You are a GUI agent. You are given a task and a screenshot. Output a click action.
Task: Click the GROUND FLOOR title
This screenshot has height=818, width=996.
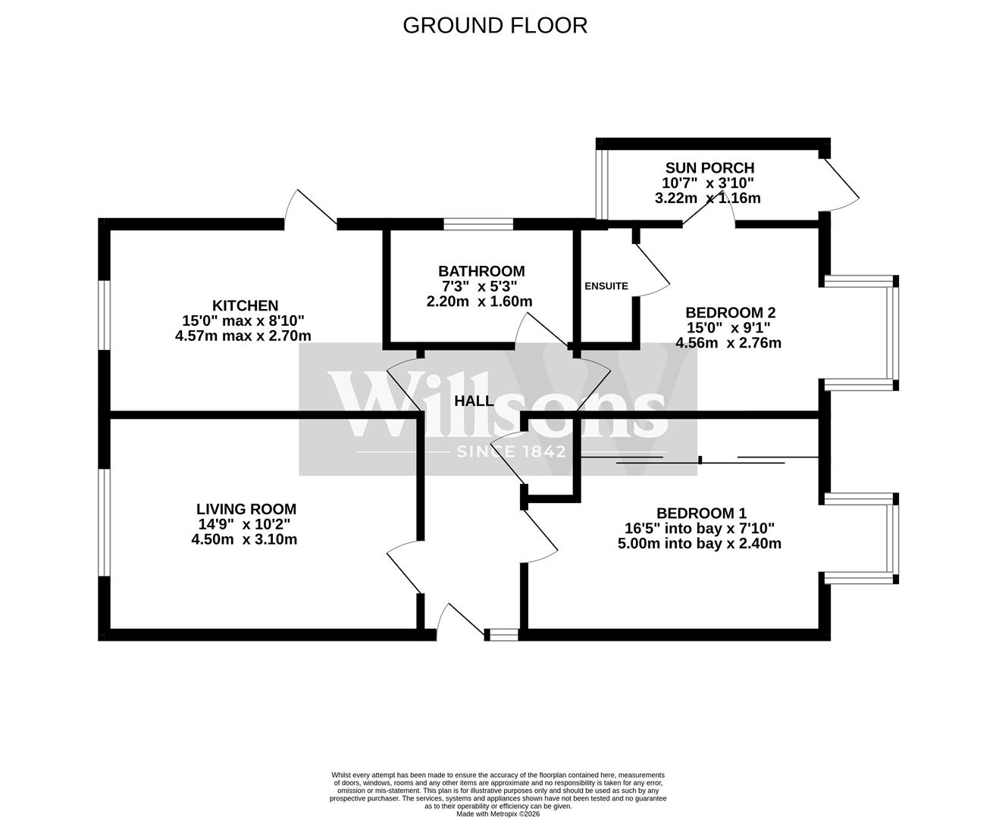pyautogui.click(x=495, y=25)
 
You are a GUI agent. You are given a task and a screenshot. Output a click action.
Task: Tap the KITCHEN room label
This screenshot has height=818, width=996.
pyautogui.click(x=245, y=306)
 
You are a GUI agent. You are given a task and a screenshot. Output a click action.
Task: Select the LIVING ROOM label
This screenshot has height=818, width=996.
pyautogui.click(x=246, y=510)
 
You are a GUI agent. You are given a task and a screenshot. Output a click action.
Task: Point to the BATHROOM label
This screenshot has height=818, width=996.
pyautogui.click(x=481, y=271)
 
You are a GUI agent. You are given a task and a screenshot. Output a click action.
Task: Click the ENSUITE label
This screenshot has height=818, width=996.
pyautogui.click(x=606, y=286)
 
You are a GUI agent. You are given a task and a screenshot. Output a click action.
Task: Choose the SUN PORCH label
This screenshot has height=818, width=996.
pyautogui.click(x=709, y=168)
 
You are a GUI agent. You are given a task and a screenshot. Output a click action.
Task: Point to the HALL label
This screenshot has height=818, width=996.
pyautogui.click(x=474, y=401)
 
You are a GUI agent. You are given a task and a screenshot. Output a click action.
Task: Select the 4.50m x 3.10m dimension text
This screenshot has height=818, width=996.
pyautogui.click(x=244, y=540)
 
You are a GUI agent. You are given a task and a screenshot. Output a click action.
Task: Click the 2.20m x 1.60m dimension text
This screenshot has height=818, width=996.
pyautogui.click(x=479, y=301)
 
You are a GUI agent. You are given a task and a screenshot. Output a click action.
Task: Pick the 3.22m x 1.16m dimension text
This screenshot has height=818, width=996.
pyautogui.click(x=707, y=198)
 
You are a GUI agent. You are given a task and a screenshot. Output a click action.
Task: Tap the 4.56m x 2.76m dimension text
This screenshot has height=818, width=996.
pyautogui.click(x=728, y=343)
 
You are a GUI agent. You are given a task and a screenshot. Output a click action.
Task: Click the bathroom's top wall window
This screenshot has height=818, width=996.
pyautogui.click(x=478, y=223)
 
